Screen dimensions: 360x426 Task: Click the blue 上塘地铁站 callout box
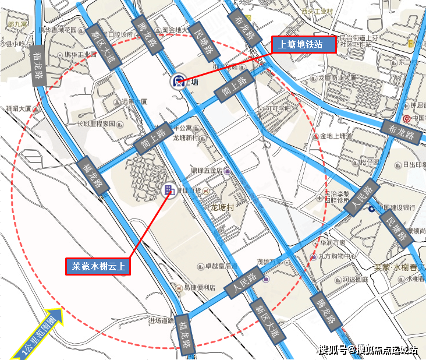(304, 45)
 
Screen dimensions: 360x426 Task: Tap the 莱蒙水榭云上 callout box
(97, 267)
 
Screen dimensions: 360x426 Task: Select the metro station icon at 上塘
(176, 81)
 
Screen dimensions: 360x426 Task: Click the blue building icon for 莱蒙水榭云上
(168, 190)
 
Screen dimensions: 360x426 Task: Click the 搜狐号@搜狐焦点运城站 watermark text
(368, 350)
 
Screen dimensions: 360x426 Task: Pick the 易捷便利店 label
(197, 288)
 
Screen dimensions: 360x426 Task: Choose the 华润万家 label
(332, 242)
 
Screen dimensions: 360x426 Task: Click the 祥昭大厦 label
(18, 109)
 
